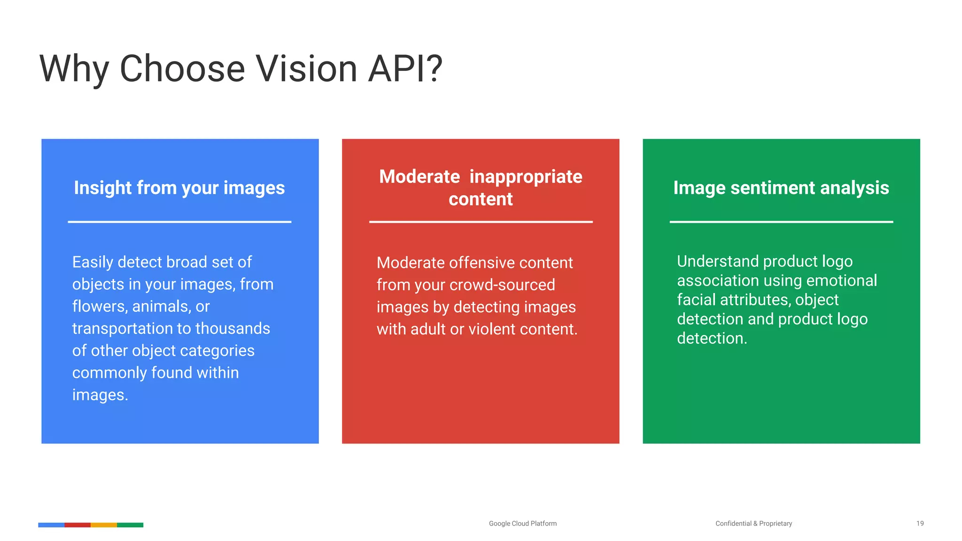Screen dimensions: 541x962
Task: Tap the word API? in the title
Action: [x=405, y=69]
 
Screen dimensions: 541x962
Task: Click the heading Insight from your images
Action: [x=179, y=188]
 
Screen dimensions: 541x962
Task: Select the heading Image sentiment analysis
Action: [x=781, y=188]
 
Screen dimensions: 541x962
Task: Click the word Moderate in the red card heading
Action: [x=419, y=177]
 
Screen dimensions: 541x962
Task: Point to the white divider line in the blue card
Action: [x=179, y=222]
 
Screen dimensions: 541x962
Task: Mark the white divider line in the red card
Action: [x=481, y=222]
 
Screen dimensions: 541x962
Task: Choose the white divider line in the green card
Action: [x=781, y=222]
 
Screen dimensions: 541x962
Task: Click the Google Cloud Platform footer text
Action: [x=522, y=523]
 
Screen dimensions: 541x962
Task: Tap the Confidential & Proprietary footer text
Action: [x=753, y=523]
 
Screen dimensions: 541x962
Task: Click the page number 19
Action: [x=920, y=523]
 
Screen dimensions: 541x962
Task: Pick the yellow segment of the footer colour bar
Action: [x=104, y=525]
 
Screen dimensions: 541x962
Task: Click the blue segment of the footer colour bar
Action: [x=51, y=525]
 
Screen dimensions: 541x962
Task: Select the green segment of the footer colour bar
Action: [x=130, y=525]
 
